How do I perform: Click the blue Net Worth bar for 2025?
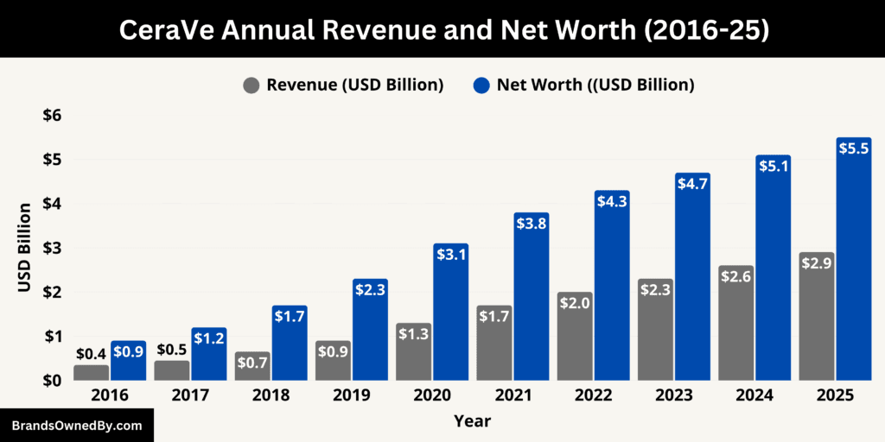tap(853, 268)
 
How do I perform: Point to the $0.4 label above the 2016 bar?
tap(91, 353)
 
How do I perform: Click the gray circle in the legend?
tap(251, 85)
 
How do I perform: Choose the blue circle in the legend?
tap(481, 85)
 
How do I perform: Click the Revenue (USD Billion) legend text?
tap(354, 85)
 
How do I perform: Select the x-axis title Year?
tap(472, 421)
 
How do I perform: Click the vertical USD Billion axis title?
tap(25, 248)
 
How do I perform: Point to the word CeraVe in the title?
tap(163, 29)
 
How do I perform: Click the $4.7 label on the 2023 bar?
tap(692, 184)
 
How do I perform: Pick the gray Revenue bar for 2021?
tap(494, 345)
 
